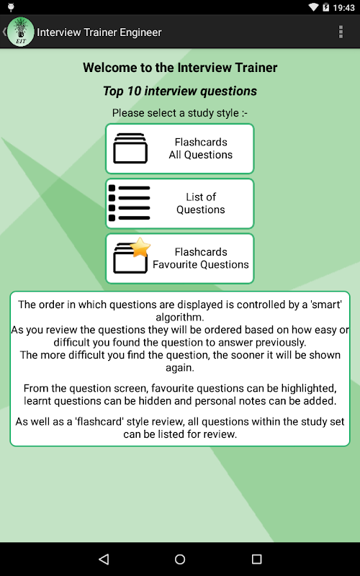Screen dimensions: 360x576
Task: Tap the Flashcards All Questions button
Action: coord(179,148)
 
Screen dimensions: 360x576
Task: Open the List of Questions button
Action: coord(179,204)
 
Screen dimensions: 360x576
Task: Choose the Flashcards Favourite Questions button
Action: coord(179,258)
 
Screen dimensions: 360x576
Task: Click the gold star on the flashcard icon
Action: coord(140,248)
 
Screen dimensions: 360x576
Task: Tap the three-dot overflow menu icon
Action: coord(341,32)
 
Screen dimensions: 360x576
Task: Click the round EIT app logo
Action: coord(21,32)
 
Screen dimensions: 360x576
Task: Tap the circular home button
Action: coord(180,559)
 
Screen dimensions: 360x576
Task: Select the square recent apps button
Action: coord(256,559)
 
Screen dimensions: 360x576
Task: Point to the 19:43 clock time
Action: coord(344,7)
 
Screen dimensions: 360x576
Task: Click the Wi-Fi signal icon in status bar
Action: coord(313,7)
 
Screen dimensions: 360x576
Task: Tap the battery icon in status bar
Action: coord(325,7)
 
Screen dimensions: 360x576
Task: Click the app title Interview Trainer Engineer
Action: coord(99,32)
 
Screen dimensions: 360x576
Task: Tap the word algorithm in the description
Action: coord(179,317)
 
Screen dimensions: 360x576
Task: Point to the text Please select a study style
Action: coord(176,113)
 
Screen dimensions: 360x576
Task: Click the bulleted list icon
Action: coord(130,203)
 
